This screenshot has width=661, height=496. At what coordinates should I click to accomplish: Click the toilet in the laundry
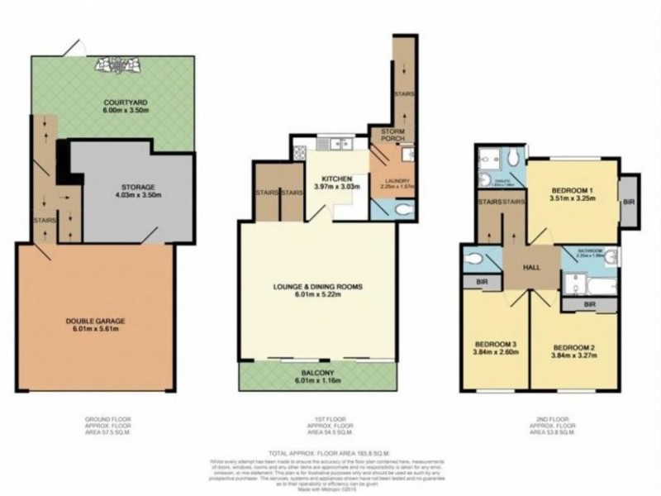[x=401, y=211]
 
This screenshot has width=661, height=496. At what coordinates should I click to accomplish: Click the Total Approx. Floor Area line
[x=328, y=454]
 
